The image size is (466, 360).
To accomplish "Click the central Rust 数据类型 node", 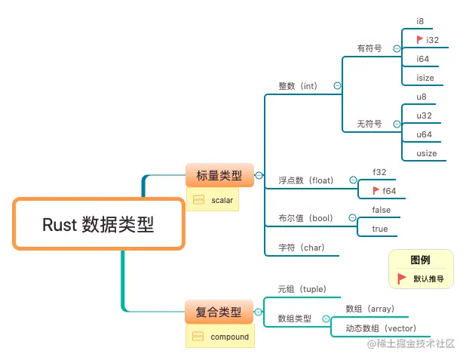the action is tap(99, 223).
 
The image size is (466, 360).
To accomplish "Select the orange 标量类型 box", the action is tap(219, 175).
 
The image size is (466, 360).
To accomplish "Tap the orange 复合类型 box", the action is tap(219, 312).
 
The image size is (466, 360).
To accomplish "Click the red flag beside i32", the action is tap(420, 39).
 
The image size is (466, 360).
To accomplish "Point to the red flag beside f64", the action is tap(376, 190).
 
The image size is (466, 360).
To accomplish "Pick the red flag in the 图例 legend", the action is tap(401, 278).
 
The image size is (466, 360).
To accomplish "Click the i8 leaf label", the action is tap(420, 21).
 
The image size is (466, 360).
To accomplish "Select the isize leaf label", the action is tap(425, 78).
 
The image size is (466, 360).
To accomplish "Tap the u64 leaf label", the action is tap(424, 134).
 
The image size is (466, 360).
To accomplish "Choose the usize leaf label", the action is tap(427, 153).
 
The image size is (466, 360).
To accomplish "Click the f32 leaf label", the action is tap(379, 172).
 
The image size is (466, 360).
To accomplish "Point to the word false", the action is tap(382, 210).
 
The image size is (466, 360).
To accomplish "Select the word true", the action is tap(380, 229).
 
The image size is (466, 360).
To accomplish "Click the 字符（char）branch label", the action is tap(302, 248).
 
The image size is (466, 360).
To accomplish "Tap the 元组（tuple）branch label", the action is tap(302, 289).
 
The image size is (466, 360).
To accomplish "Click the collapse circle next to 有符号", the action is tap(397, 48).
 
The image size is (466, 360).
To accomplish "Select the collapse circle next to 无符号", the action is tap(397, 124).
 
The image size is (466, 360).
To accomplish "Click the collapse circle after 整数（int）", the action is tap(337, 86).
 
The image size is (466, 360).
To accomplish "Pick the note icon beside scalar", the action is tap(198, 200).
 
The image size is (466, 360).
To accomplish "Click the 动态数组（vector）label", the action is tap(381, 328).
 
